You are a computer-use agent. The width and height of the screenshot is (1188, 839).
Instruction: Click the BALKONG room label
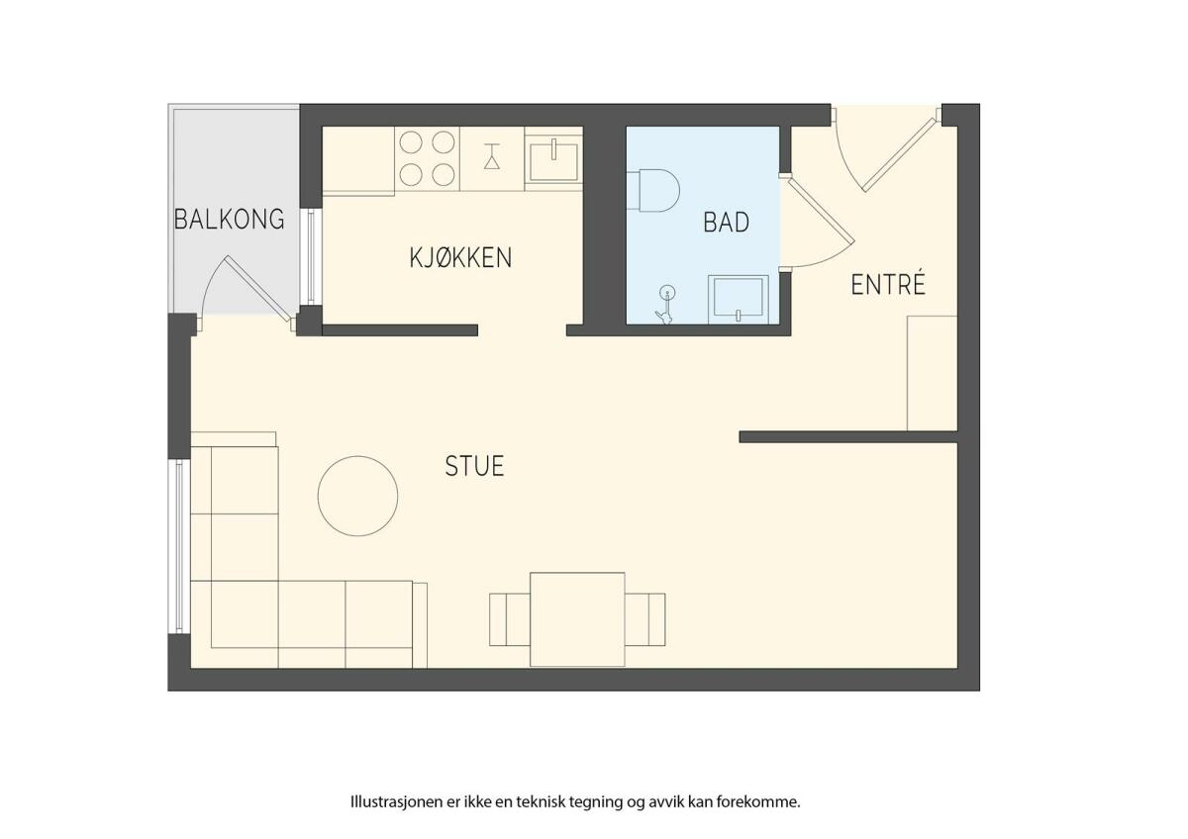[x=229, y=220]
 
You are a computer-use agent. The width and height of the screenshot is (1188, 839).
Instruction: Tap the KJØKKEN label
[x=460, y=257]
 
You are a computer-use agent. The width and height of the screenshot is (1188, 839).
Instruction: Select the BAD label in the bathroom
[x=726, y=222]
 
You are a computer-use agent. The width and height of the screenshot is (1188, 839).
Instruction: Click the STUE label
[x=474, y=466]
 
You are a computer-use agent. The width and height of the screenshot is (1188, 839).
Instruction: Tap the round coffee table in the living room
[x=357, y=496]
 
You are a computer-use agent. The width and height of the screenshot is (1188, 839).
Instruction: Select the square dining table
[x=577, y=619]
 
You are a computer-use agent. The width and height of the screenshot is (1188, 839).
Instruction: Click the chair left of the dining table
[x=509, y=619]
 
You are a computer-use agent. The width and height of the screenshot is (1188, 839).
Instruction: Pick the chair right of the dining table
[x=644, y=619]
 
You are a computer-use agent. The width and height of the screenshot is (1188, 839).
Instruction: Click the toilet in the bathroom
[x=652, y=191]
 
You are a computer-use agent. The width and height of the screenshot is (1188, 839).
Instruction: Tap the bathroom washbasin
[x=739, y=300]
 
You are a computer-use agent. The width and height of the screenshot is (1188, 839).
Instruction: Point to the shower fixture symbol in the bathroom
[x=665, y=304]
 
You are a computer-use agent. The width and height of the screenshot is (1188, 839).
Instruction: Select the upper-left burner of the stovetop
[x=411, y=142]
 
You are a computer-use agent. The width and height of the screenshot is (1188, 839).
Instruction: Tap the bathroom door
[x=817, y=223]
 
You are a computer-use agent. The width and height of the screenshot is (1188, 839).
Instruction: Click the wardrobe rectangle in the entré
[x=932, y=373]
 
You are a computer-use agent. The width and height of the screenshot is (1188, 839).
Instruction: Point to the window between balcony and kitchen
[x=311, y=256]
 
